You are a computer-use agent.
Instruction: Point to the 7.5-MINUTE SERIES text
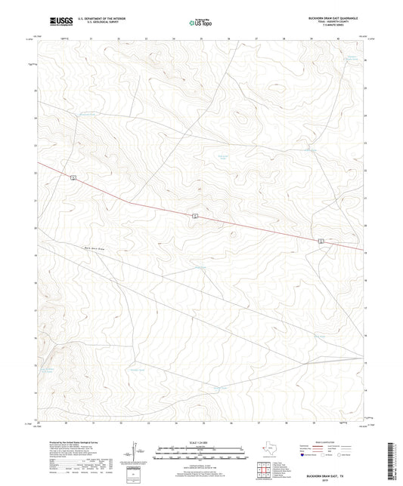(x=333, y=30)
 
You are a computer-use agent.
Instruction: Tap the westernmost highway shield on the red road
(x=73, y=177)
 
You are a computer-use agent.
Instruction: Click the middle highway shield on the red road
(x=194, y=217)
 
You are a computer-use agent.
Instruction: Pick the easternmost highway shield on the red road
(x=321, y=241)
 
